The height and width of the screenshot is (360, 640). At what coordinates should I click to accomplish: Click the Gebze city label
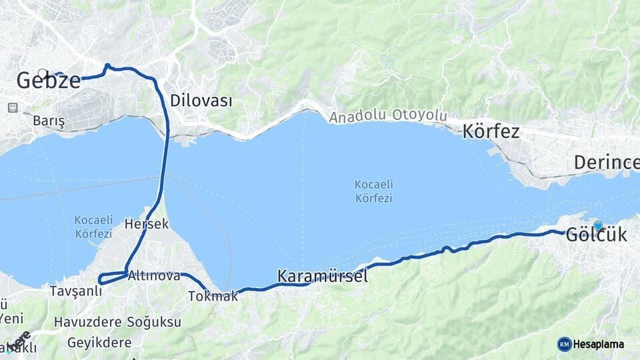click(x=48, y=81)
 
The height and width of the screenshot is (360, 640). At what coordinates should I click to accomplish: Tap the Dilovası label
click(x=201, y=101)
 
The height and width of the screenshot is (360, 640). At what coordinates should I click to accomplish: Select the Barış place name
click(x=49, y=121)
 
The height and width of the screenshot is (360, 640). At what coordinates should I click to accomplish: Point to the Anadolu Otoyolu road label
click(x=387, y=116)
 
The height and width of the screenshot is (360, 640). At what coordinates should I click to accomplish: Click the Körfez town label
click(x=491, y=131)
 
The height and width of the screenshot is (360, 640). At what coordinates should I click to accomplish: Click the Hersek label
click(x=146, y=224)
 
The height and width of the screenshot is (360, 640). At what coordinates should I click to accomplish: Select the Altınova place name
click(x=154, y=275)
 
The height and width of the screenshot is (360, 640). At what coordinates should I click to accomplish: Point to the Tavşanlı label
click(x=75, y=291)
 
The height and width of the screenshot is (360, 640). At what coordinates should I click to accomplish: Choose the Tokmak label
click(x=213, y=296)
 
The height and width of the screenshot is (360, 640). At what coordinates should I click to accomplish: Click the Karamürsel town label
click(x=322, y=276)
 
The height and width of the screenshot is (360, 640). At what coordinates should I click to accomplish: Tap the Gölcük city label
click(x=596, y=235)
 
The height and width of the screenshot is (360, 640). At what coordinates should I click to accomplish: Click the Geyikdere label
click(x=99, y=343)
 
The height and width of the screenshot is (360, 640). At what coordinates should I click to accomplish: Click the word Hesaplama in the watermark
click(x=599, y=345)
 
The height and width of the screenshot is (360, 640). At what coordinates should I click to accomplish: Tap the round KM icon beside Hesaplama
click(x=564, y=344)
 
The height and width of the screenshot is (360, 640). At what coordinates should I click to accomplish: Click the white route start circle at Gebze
click(x=43, y=73)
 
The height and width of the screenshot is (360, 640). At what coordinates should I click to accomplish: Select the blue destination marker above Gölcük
click(x=598, y=225)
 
